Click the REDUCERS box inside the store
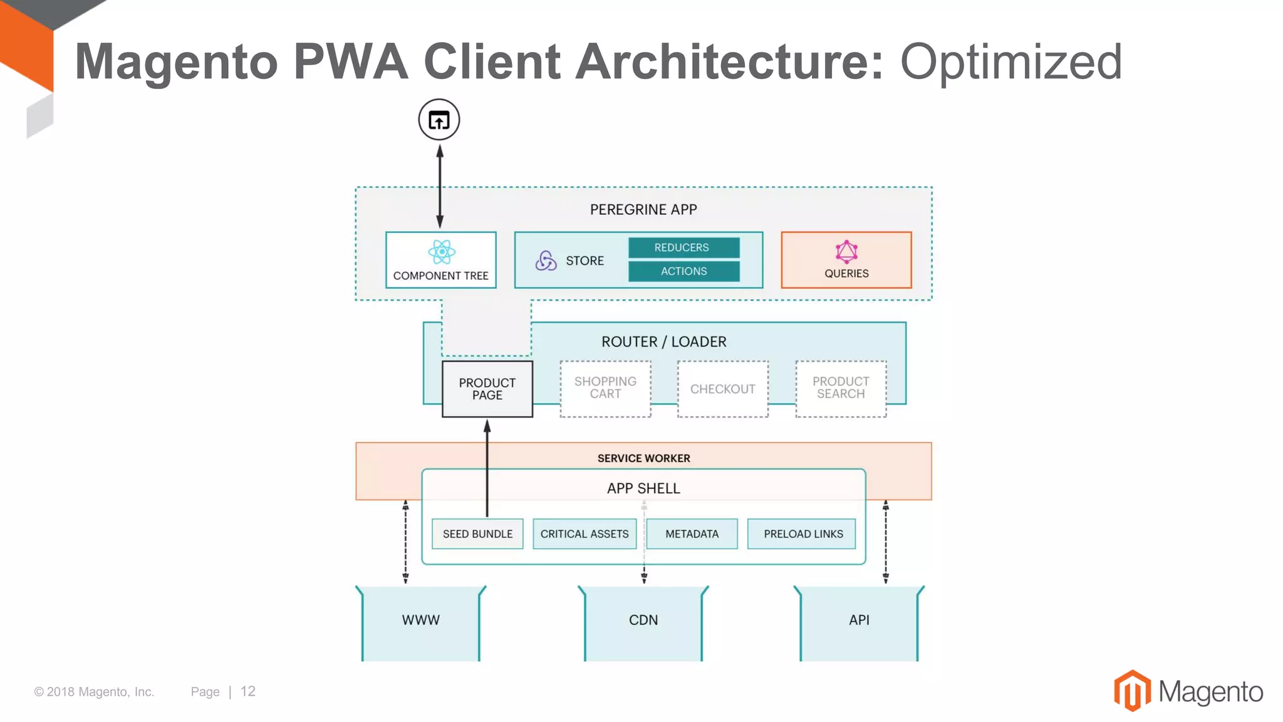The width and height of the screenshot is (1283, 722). click(x=683, y=248)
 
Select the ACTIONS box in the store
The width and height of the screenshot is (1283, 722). click(x=683, y=271)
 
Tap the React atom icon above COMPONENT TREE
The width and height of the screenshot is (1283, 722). click(x=441, y=252)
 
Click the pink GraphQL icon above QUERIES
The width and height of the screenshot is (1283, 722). click(x=846, y=252)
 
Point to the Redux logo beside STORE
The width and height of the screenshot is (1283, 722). click(x=546, y=261)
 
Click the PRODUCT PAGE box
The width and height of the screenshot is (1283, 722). click(x=487, y=389)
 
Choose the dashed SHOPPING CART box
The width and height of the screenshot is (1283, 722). click(x=605, y=389)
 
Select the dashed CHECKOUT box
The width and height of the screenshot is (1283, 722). click(x=722, y=389)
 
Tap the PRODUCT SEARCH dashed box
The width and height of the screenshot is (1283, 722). click(x=841, y=389)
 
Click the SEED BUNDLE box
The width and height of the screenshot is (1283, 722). click(x=477, y=534)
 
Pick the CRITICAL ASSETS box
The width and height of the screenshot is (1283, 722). click(x=584, y=534)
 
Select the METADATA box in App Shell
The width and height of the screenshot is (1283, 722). click(x=692, y=534)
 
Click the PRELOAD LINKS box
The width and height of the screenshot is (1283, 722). click(x=803, y=534)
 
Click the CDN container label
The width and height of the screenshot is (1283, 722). click(x=643, y=620)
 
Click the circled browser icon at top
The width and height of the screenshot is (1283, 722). click(x=439, y=120)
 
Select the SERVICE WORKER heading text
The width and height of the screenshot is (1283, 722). click(x=643, y=458)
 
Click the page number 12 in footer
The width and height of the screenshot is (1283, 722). click(x=248, y=691)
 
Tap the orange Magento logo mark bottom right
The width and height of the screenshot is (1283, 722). click(x=1132, y=691)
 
